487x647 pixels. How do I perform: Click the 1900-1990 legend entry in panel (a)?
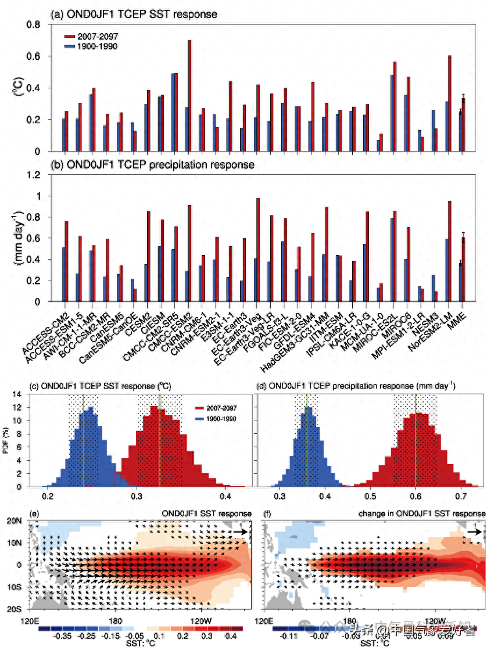click(98, 46)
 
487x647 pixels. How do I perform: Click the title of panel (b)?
click(153, 165)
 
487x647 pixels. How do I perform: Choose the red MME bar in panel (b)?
click(464, 269)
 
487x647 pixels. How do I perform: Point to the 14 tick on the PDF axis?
click(34, 393)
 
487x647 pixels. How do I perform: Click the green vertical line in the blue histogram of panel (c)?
click(83, 441)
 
